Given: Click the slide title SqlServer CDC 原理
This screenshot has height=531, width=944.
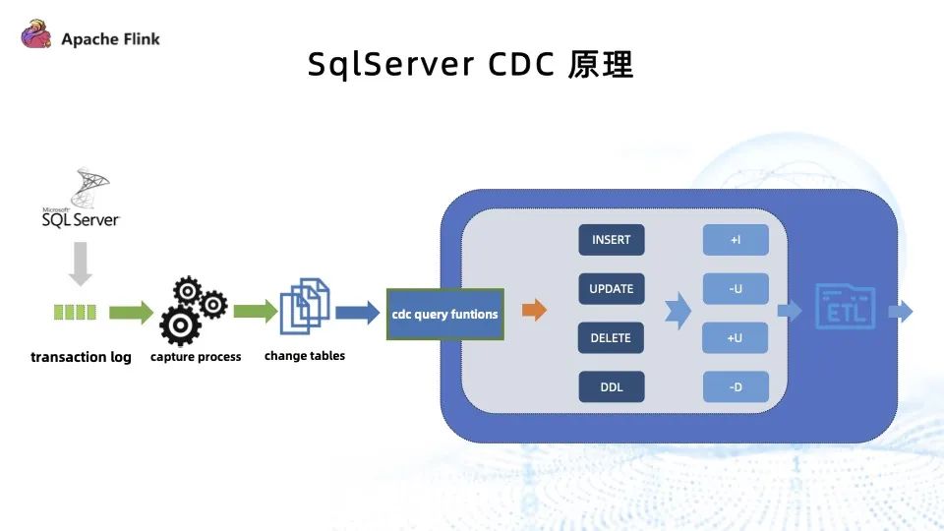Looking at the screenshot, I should (x=471, y=64).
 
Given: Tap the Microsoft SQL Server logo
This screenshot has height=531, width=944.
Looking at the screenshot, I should (x=81, y=201).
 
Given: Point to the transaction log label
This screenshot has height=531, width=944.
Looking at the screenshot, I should (x=81, y=356).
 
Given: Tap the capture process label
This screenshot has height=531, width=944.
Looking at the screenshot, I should (x=196, y=357).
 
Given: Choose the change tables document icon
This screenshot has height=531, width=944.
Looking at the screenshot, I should (x=305, y=307).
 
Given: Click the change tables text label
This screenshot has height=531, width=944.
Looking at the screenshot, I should (x=305, y=355).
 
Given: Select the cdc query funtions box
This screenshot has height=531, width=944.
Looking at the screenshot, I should (x=445, y=314).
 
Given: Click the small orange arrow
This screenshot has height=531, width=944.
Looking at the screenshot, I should (x=534, y=312).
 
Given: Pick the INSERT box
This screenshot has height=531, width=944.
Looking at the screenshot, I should (x=611, y=240).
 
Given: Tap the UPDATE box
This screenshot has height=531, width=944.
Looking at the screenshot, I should (x=611, y=289).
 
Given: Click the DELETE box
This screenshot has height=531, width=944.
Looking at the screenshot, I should (x=611, y=337).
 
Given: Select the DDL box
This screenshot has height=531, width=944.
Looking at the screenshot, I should (x=611, y=386).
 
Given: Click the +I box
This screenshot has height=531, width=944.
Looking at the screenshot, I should (x=735, y=240).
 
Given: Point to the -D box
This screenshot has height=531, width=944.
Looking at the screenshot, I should (x=735, y=386).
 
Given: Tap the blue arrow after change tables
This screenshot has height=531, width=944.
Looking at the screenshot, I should (x=357, y=313).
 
